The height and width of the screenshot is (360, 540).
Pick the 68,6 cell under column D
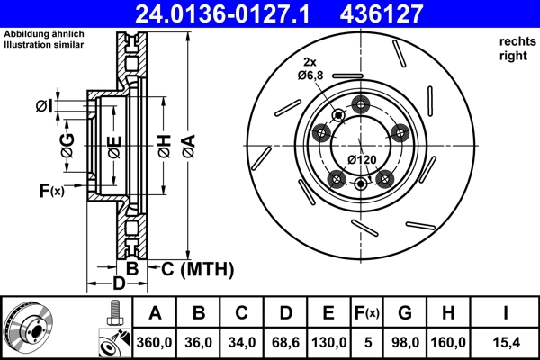click(x=284, y=341)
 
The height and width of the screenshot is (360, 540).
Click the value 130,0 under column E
click(x=328, y=341)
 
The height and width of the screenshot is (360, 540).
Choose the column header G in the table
click(x=405, y=313)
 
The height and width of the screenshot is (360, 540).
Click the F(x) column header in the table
click(x=366, y=313)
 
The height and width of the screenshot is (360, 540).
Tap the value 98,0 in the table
click(x=405, y=341)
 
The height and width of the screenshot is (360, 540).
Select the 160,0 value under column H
click(x=447, y=341)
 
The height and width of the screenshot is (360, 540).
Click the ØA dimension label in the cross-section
click(x=186, y=143)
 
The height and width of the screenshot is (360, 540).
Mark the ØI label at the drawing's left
click(x=44, y=107)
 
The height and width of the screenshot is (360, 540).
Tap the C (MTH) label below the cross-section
click(x=195, y=268)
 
